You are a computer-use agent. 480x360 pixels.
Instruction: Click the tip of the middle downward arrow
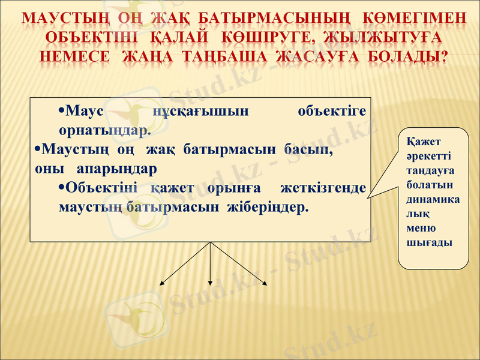tap(210, 284)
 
